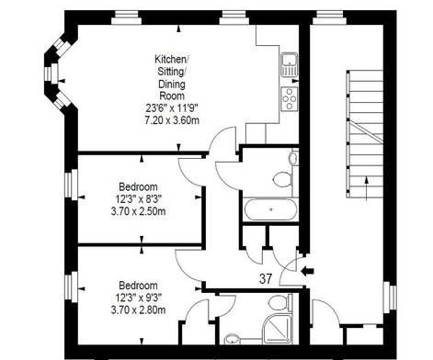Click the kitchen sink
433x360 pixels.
(x=290, y=64)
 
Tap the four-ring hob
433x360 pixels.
(x=290, y=98)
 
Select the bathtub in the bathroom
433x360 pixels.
(x=270, y=209)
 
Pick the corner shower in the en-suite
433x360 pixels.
(x=279, y=329)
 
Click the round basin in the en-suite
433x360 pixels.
(x=232, y=339)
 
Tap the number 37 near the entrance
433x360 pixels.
(x=266, y=278)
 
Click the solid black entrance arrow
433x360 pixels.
(x=307, y=271)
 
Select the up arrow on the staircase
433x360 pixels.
(x=367, y=188)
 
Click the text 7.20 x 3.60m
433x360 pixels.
(x=172, y=120)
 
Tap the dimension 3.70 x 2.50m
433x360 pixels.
(x=138, y=211)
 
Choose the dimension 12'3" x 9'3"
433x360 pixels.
(x=139, y=298)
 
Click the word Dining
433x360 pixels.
(x=172, y=84)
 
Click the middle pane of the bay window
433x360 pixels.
(x=51, y=73)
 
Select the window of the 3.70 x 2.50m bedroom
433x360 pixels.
(x=71, y=185)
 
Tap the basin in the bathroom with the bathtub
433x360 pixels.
(x=293, y=158)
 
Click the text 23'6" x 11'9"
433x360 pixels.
(x=172, y=107)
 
